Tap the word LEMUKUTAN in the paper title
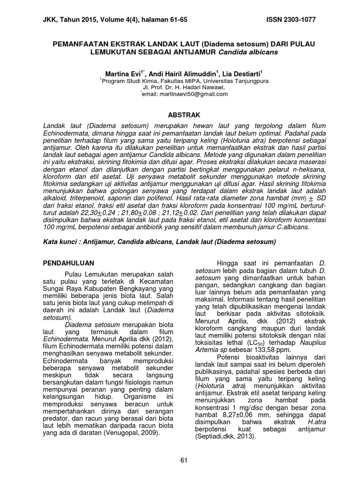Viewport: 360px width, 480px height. [112, 52]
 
